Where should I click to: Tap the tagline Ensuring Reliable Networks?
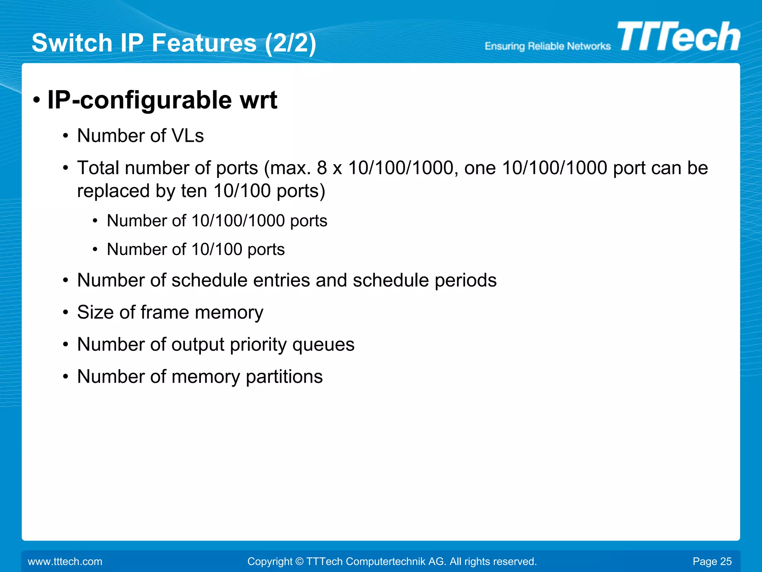[x=547, y=46]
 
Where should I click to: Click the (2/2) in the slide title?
[x=291, y=43]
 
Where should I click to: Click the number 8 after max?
[x=322, y=168]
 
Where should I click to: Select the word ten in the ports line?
[x=194, y=191]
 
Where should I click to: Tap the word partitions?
[x=284, y=377]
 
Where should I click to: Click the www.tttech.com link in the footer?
[x=65, y=561]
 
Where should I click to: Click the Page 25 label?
[x=712, y=561]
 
